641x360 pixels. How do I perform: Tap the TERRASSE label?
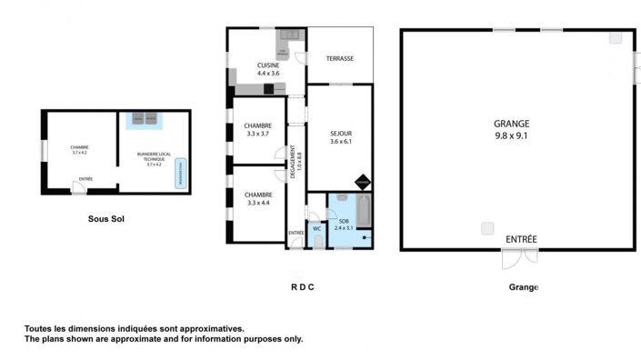[x=340, y=59]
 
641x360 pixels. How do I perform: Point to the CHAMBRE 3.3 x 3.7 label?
[x=258, y=129]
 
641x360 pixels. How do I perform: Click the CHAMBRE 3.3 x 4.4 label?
[x=258, y=198]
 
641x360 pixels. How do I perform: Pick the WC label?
[x=316, y=228]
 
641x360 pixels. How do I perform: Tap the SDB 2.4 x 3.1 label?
[x=344, y=225]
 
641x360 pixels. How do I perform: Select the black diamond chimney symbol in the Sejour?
[x=363, y=182]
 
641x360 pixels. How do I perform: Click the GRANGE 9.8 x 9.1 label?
[x=512, y=129]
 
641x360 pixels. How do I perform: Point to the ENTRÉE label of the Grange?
[x=521, y=239]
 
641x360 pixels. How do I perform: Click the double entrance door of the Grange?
[x=520, y=259]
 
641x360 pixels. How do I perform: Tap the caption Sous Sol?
[x=105, y=219]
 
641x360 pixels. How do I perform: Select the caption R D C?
[x=302, y=287]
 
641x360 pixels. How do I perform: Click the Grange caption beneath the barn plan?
[x=524, y=287]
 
